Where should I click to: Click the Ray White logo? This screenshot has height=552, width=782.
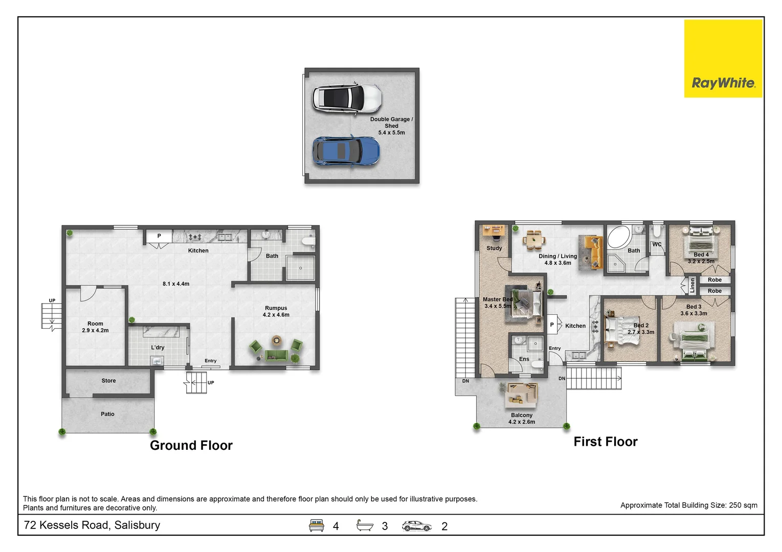[x=723, y=59]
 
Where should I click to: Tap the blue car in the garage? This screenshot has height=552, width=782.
[x=346, y=151]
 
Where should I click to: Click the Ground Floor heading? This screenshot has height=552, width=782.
[x=191, y=445]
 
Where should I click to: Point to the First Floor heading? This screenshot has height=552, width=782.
[x=606, y=442]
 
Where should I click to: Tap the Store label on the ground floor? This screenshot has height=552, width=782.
[x=108, y=381]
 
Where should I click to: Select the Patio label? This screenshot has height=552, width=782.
[x=107, y=414]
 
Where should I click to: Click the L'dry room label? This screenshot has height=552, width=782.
[x=158, y=348]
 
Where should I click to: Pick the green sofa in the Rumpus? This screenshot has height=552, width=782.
[x=277, y=355]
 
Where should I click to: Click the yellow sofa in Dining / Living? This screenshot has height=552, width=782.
[x=594, y=252]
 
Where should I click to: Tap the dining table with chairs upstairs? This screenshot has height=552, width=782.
[x=534, y=240]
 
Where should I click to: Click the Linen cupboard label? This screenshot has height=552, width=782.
[x=692, y=285]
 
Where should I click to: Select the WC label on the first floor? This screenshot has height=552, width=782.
[x=657, y=244]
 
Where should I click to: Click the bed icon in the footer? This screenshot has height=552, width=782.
[x=316, y=525]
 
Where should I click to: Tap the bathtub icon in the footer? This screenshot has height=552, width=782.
[x=365, y=525]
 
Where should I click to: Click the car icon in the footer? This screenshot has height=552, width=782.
[x=416, y=526]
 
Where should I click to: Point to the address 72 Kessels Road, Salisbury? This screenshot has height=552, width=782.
[x=92, y=525]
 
